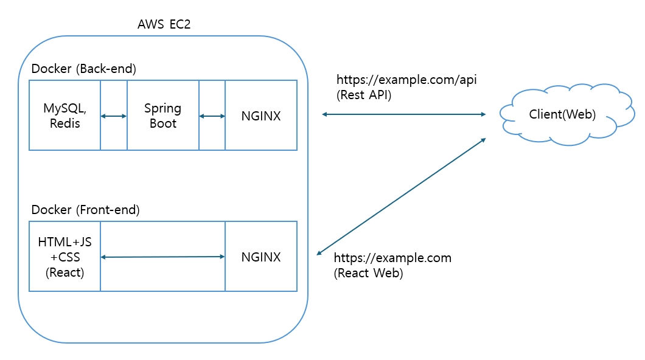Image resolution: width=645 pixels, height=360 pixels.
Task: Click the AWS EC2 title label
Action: (x=164, y=26)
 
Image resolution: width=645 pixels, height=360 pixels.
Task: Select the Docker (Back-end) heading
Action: (x=83, y=69)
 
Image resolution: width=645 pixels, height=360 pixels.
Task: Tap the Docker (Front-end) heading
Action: (x=85, y=210)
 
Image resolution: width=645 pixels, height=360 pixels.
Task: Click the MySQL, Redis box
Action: (x=65, y=116)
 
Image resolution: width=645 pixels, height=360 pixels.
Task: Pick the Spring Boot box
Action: (x=162, y=116)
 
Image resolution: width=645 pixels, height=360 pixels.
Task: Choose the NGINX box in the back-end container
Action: (x=261, y=116)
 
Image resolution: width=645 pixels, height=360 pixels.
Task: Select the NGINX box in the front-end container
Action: (x=261, y=257)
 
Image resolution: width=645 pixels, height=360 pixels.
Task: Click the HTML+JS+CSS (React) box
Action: (x=65, y=257)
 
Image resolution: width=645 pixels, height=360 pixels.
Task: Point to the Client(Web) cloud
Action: (x=562, y=114)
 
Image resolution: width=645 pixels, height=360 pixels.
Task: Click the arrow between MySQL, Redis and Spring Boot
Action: (x=114, y=116)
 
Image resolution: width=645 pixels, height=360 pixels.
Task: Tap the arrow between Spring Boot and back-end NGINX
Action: (x=212, y=116)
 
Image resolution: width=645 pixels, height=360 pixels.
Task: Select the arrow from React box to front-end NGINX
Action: (x=162, y=257)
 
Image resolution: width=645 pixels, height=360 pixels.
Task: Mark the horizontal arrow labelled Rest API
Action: (x=403, y=114)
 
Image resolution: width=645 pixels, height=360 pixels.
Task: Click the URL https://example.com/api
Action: (x=406, y=80)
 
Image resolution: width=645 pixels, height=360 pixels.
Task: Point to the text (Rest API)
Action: (x=364, y=95)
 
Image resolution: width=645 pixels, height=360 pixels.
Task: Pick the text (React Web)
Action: (x=368, y=273)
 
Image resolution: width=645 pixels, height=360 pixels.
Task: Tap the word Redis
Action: (x=65, y=123)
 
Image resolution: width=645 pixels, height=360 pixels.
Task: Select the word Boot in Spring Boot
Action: (x=162, y=123)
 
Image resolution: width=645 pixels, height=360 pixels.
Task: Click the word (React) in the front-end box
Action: (x=65, y=272)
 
